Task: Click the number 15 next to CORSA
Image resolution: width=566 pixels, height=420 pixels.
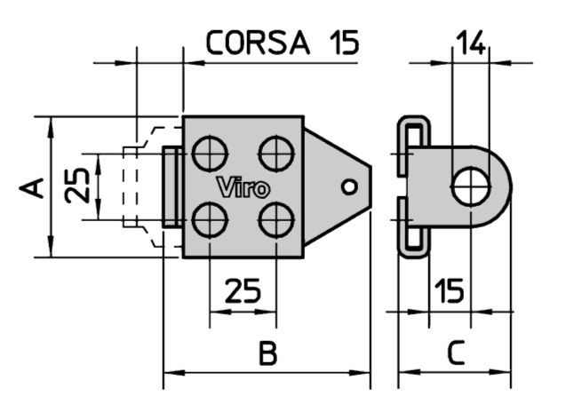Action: tap(339, 42)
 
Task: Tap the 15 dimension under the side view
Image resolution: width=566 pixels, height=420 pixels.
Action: tap(450, 291)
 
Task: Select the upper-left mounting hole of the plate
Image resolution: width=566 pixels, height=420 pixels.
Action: tap(208, 151)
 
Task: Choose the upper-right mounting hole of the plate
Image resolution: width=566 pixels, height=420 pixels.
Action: tap(275, 151)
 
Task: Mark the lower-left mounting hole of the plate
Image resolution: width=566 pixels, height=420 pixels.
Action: tap(208, 218)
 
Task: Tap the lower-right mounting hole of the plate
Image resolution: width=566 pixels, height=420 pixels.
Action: tap(275, 218)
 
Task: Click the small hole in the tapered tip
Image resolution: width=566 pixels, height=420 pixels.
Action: tap(350, 186)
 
